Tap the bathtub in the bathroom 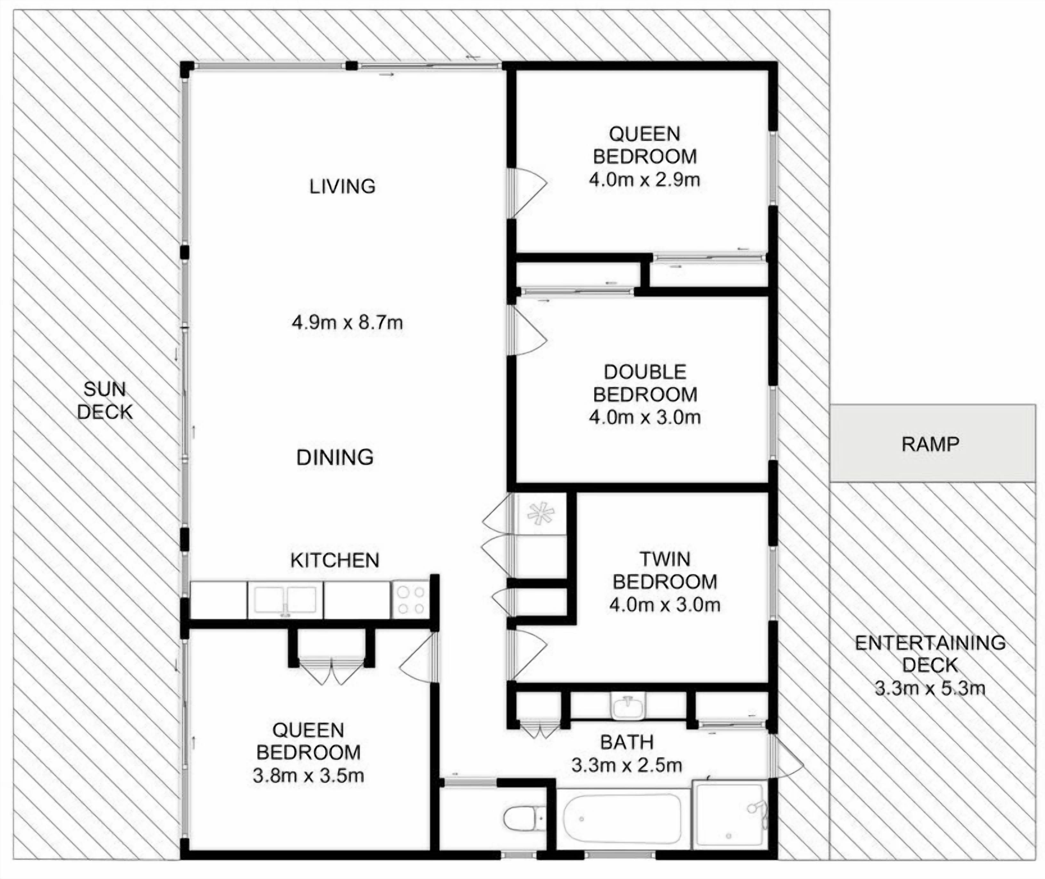coord(622,819)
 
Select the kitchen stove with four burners coord(410,600)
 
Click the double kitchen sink coord(285,600)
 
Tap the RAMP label coord(930,443)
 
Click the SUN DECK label coord(105,401)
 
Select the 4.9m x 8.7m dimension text coord(347,323)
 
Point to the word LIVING coord(342,186)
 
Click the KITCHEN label coord(335,561)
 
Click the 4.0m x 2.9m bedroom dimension coord(644,179)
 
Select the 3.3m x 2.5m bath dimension coord(627,765)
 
